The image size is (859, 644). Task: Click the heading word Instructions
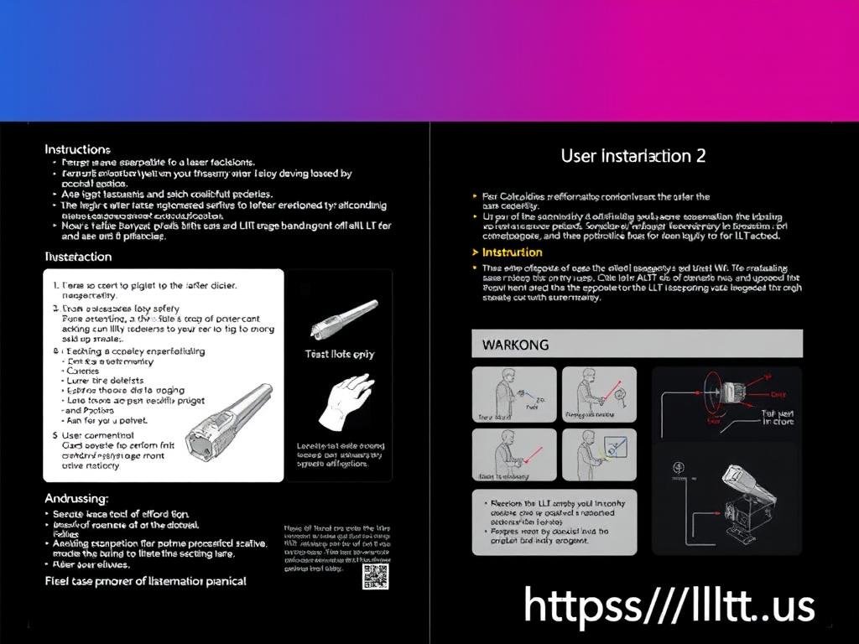click(x=77, y=149)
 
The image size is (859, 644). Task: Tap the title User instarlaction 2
click(x=633, y=155)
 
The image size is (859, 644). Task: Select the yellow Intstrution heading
click(x=512, y=252)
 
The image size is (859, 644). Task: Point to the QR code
click(x=375, y=576)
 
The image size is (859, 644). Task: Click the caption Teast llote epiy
click(x=339, y=354)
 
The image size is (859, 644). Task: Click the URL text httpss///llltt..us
click(x=669, y=605)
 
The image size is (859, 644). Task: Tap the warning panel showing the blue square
click(x=593, y=455)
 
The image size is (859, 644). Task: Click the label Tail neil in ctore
click(x=777, y=416)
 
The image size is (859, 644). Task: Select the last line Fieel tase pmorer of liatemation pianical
click(x=145, y=580)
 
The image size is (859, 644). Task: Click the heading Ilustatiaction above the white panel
click(x=77, y=256)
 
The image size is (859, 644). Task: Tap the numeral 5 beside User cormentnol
click(x=55, y=435)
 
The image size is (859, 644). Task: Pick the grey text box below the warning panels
click(x=554, y=522)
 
